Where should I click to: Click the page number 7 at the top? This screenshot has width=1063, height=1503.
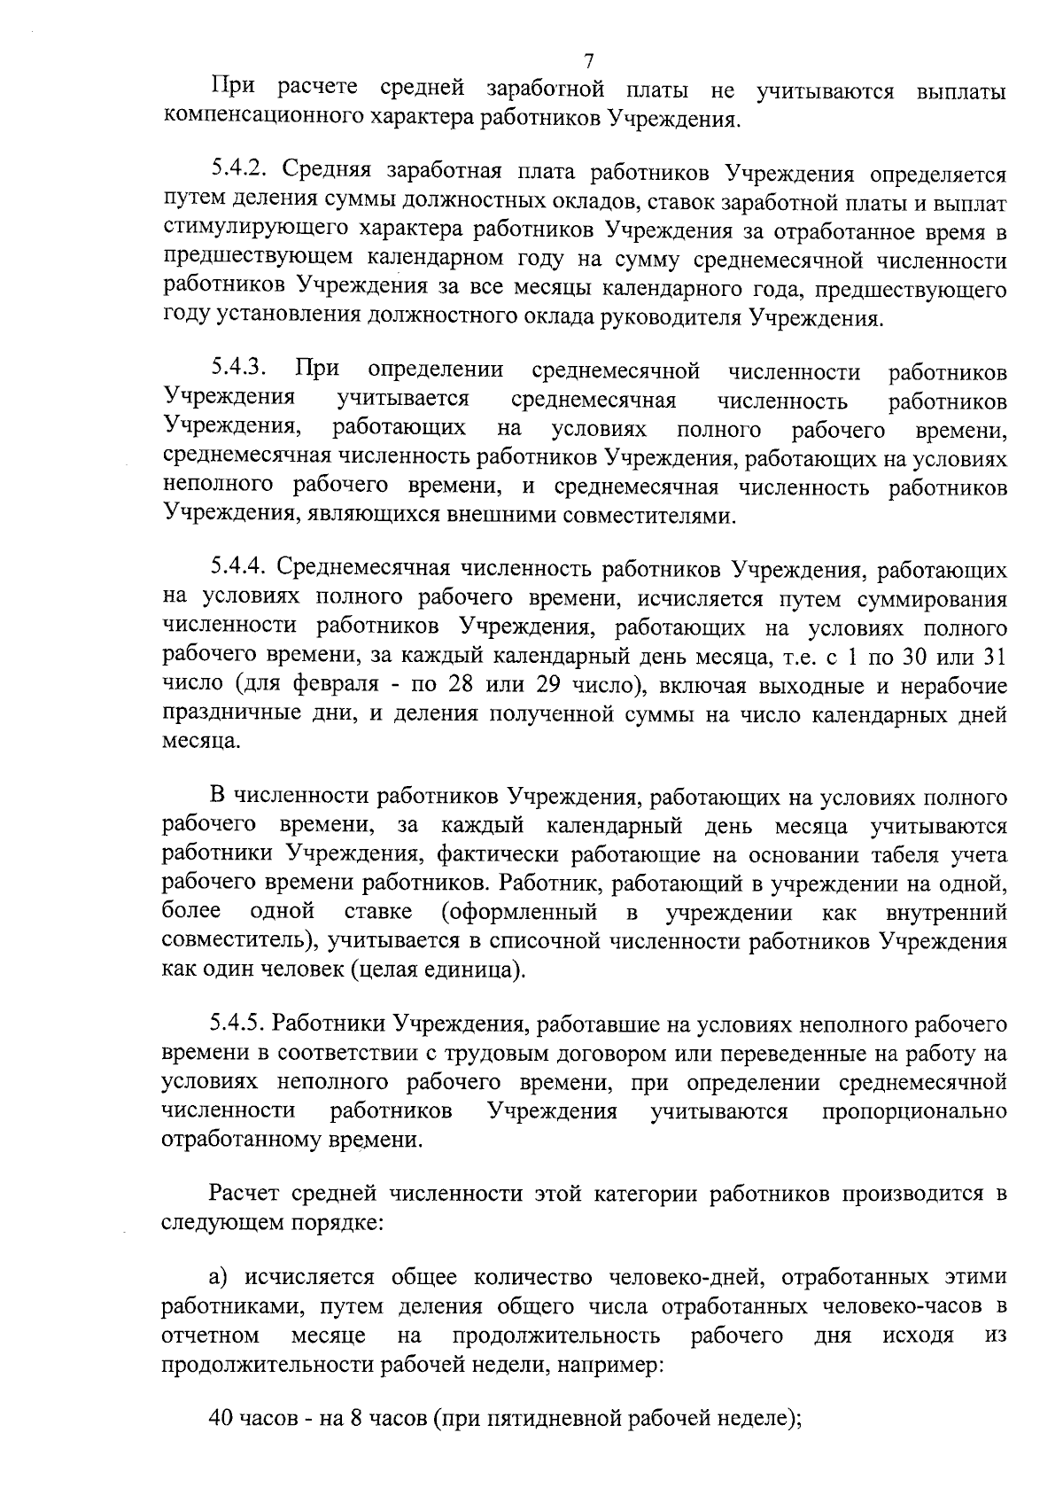(588, 61)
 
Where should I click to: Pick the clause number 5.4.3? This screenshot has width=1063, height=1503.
(239, 370)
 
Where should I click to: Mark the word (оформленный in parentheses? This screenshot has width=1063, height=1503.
(517, 912)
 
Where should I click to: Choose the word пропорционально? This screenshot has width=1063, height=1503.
(914, 1111)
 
